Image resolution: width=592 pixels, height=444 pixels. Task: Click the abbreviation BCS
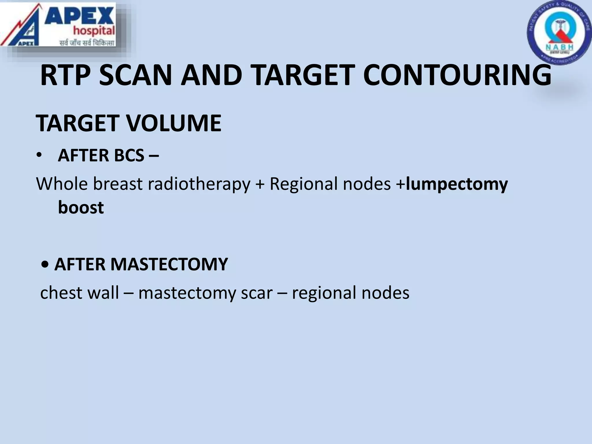click(129, 156)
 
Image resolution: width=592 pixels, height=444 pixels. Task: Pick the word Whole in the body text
click(61, 184)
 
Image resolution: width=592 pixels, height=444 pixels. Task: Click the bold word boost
click(81, 207)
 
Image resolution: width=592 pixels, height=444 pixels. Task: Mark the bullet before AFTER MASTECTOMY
click(45, 265)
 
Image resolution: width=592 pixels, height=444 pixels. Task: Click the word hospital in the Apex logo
click(94, 30)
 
